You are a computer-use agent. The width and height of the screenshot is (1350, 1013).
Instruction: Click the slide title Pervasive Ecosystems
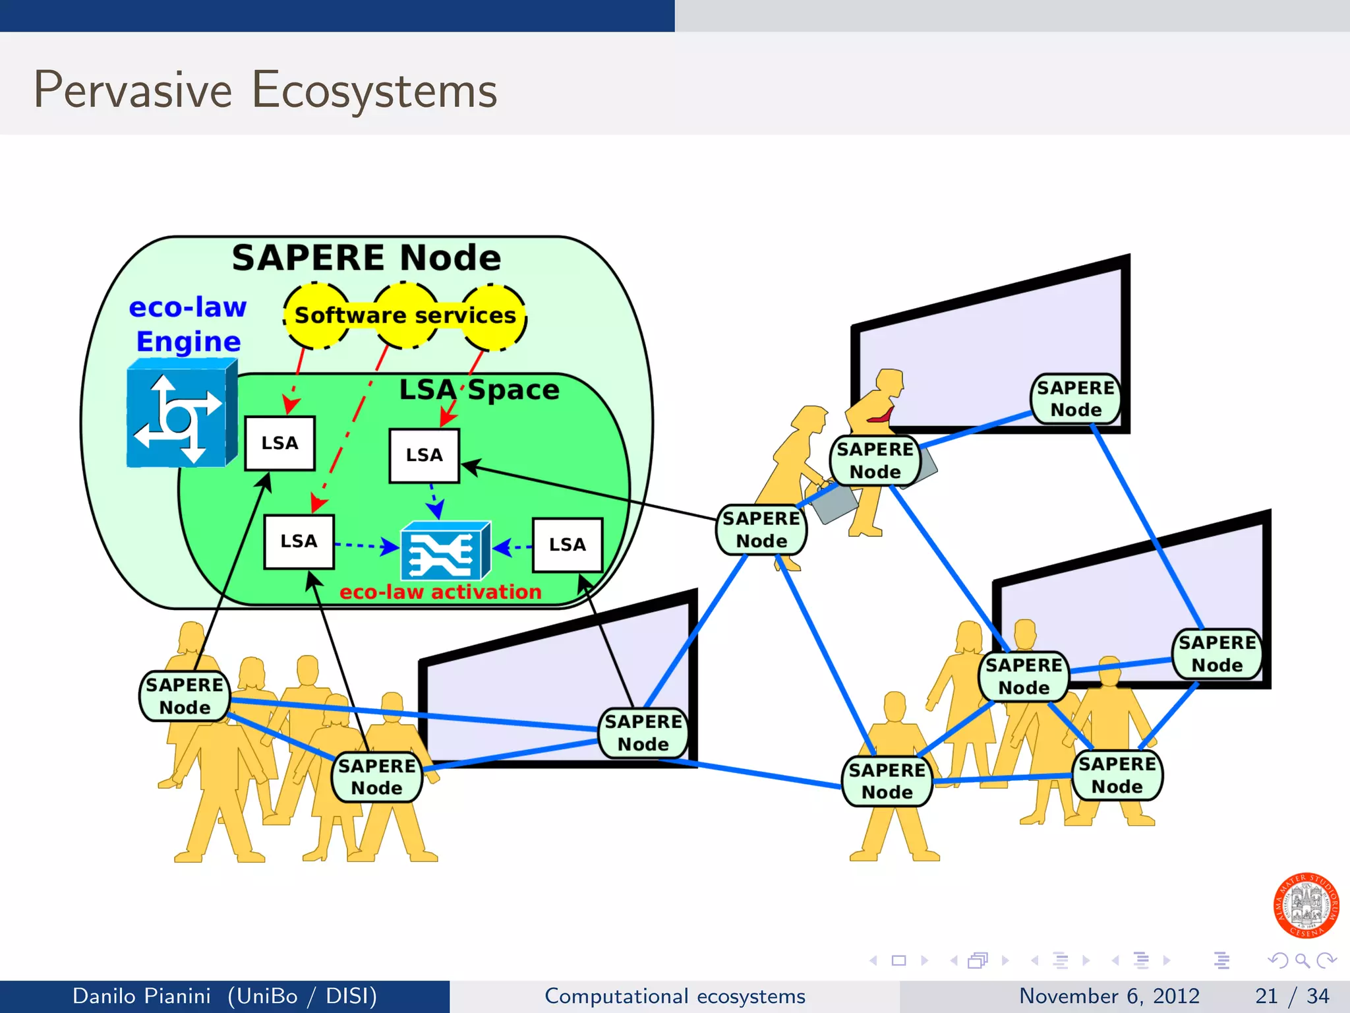point(265,90)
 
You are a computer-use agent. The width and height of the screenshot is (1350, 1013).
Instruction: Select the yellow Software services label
point(405,315)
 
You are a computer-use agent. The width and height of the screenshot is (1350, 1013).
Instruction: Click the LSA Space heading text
point(479,390)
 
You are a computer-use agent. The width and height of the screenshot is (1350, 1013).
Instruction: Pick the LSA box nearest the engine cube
point(279,443)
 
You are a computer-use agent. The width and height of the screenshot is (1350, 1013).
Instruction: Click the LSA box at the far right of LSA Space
point(567,545)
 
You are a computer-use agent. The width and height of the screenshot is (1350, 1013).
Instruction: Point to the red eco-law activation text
point(440,592)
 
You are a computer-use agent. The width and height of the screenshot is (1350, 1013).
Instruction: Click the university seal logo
point(1305,906)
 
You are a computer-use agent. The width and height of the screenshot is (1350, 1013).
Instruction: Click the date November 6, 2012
point(1109,996)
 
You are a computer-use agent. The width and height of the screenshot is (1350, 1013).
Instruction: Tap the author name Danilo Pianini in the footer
point(142,996)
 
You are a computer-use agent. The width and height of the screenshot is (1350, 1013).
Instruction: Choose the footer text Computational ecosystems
point(674,996)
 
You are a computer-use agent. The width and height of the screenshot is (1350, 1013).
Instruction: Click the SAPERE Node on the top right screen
point(1075,399)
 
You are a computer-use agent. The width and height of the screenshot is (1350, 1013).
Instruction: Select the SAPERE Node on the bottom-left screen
point(643,733)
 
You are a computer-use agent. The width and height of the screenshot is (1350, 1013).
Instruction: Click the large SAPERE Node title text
point(367,258)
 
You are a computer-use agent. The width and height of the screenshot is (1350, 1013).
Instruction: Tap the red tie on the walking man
point(882,416)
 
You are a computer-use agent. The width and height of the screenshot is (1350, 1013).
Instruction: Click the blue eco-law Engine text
point(188,324)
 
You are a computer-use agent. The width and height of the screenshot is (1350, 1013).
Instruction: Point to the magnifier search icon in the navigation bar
point(1302,960)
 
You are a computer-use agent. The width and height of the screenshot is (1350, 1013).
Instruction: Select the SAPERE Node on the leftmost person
point(185,696)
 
